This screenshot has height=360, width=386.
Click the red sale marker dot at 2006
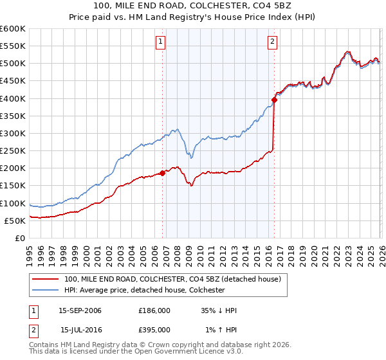pyautogui.click(x=162, y=172)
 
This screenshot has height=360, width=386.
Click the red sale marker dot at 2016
pyautogui.click(x=274, y=100)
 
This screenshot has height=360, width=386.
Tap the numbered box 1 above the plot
pyautogui.click(x=160, y=42)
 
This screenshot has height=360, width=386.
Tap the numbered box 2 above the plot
pyautogui.click(x=272, y=42)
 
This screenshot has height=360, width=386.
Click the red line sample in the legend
pyautogui.click(x=45, y=280)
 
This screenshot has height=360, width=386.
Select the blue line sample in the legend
pyautogui.click(x=45, y=291)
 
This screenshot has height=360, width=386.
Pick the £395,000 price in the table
pyautogui.click(x=154, y=329)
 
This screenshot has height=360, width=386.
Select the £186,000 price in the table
pyautogui.click(x=154, y=310)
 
